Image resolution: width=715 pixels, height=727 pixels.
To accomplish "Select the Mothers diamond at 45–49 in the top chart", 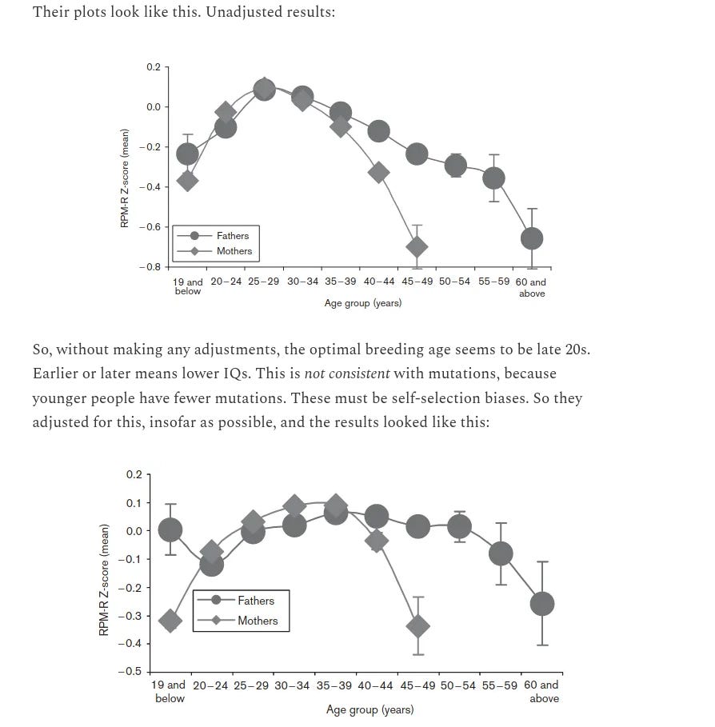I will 417,246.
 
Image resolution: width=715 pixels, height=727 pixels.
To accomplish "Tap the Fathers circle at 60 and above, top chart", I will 532,238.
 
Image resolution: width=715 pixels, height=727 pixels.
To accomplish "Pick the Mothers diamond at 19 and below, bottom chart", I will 170,621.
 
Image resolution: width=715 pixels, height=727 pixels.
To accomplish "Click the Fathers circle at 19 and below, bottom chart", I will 170,529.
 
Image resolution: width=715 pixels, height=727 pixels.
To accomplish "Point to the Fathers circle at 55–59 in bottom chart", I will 501,553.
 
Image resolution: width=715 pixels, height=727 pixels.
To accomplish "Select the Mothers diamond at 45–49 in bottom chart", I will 418,626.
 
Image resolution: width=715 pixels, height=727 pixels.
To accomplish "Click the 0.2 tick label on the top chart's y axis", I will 153,67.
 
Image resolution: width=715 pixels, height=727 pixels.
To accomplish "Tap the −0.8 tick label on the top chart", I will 150,266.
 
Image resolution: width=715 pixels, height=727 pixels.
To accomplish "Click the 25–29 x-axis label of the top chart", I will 264,282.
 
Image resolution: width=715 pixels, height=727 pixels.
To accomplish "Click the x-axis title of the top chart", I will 362,304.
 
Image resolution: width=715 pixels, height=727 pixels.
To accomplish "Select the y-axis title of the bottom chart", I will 103,580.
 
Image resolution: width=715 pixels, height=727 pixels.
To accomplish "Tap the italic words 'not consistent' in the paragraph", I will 346,373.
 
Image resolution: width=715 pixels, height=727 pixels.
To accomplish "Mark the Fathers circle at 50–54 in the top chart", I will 456,166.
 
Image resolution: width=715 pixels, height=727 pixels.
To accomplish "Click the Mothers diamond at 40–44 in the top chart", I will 379,172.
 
